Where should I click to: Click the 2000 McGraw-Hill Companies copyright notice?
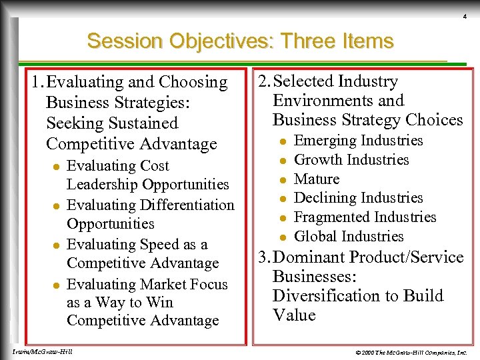[411, 351]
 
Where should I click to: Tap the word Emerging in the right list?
[325, 141]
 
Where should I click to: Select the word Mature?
[317, 179]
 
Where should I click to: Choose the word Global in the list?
[315, 236]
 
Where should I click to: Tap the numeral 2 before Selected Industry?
[262, 81]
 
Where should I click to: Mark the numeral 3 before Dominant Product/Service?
[262, 257]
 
